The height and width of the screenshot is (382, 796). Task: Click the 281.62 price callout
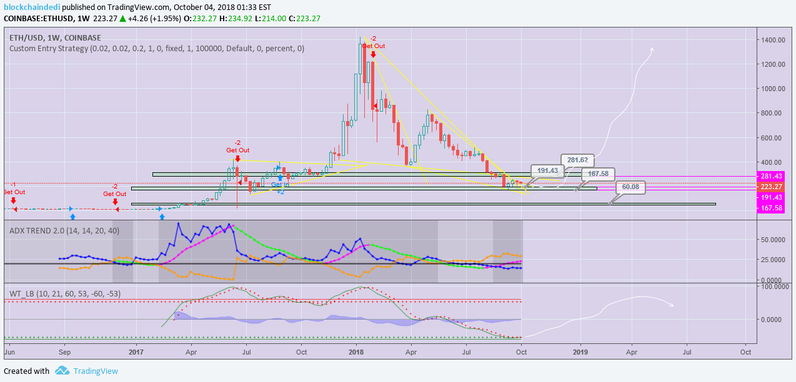(x=577, y=159)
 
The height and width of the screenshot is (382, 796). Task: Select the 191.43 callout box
(x=547, y=170)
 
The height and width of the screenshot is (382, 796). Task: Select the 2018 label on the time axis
(x=356, y=352)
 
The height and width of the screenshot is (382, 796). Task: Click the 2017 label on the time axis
(x=136, y=352)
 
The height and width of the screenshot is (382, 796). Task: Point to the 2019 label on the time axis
(x=580, y=352)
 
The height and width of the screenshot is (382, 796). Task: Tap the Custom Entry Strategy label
(x=156, y=48)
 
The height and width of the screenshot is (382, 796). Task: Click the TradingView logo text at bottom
(x=96, y=371)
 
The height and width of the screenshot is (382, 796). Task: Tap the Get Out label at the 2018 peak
(x=373, y=46)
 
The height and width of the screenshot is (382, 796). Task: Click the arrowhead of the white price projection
(x=652, y=49)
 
